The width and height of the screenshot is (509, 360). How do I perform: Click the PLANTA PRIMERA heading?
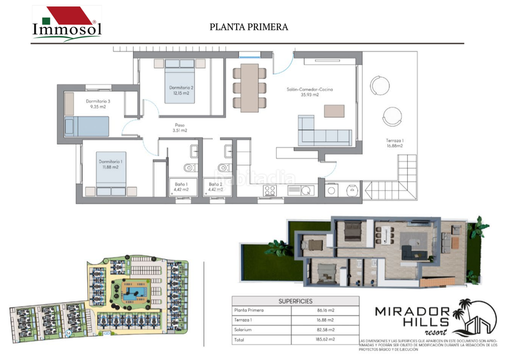pos(249,27)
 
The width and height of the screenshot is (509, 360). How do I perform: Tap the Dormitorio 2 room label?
pos(181,90)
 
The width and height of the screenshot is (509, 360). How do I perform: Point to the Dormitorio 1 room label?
pos(111,165)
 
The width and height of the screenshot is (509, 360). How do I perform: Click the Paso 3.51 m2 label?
pos(180,127)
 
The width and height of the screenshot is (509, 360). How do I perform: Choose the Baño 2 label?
pos(216,186)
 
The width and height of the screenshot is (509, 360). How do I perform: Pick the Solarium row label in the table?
pos(245,330)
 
